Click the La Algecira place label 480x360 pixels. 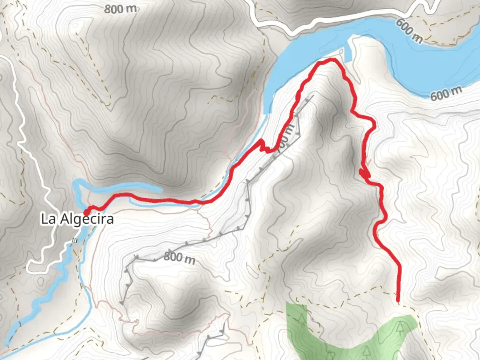pos(77,219)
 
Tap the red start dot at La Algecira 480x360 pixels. pos(87,212)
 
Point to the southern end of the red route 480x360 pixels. pos(398,301)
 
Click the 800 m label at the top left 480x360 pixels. pos(120,9)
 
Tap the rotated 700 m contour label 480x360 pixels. pos(286,137)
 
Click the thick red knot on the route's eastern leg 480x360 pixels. pos(364,173)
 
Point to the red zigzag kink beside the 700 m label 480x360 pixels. pos(262,146)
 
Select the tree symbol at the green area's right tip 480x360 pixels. pos(400,328)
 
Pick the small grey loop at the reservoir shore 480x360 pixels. pos(341,51)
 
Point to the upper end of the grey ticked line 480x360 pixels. pos(312,96)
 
